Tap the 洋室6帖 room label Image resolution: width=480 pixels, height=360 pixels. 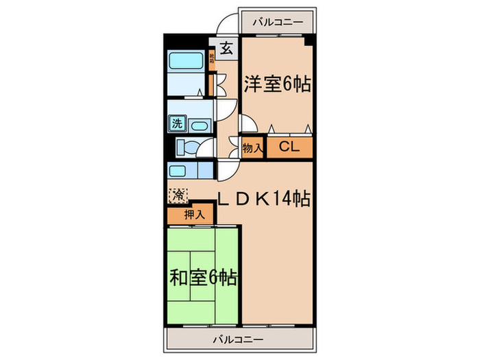click(277, 84)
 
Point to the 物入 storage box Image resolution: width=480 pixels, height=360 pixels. click(252, 147)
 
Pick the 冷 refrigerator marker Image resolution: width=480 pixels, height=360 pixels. click(178, 194)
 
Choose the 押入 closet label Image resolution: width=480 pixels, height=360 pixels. click(194, 215)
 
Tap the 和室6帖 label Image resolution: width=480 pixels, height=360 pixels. click(203, 278)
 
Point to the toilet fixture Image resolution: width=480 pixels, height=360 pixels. click(187, 147)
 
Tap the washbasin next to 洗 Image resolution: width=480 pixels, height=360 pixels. click(200, 125)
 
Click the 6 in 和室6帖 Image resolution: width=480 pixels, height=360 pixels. click(216, 278)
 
